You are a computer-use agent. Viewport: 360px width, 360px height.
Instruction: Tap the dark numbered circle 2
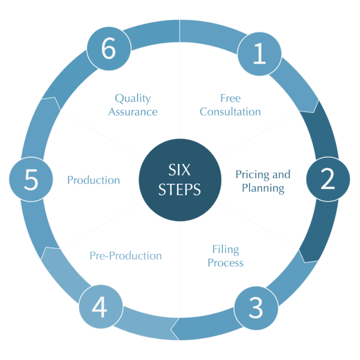pos(327,180)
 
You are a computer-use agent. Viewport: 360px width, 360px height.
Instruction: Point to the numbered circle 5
pos(31,180)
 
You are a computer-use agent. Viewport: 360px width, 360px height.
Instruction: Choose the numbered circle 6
pos(109,50)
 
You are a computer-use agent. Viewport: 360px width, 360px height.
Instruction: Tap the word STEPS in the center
pos(180,189)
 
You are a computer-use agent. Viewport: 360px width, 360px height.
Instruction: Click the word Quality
pos(133,99)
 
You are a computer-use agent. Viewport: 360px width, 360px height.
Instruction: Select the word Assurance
pos(133,112)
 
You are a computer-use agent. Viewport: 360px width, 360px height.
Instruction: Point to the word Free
pos(230,99)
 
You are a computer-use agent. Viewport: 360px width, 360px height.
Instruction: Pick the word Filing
pos(226,249)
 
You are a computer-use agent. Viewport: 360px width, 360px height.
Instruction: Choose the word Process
pos(226,263)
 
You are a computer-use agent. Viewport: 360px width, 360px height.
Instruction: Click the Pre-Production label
pos(126,256)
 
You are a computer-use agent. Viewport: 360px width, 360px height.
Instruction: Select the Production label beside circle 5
pos(93,180)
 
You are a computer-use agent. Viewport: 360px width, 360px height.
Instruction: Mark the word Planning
pos(263,188)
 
